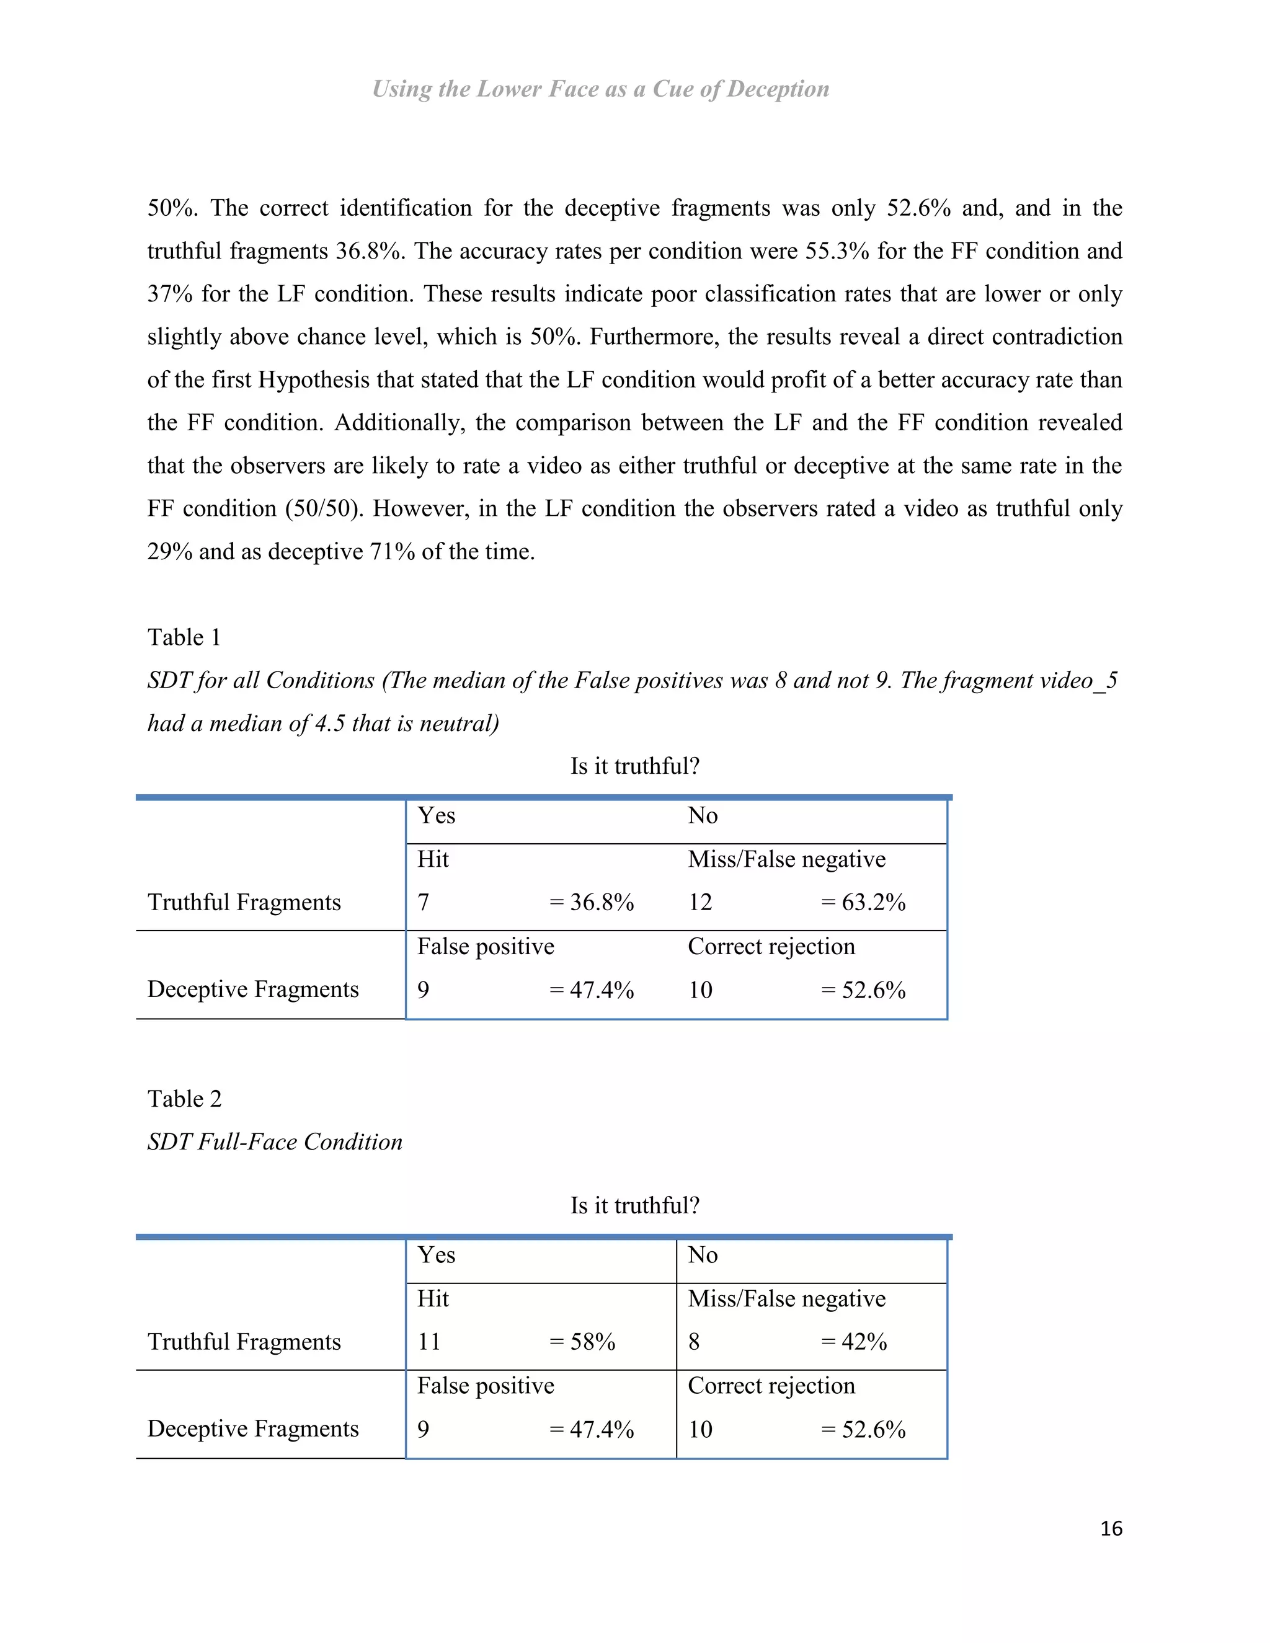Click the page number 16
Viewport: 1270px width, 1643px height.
point(1111,1528)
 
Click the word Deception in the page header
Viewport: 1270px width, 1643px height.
point(778,89)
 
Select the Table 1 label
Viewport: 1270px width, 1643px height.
point(184,637)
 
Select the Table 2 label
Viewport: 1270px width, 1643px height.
point(184,1099)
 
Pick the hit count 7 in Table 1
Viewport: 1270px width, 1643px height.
point(424,902)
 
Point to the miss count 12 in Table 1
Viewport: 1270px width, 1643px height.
point(699,902)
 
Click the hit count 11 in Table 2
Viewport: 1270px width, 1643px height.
point(429,1341)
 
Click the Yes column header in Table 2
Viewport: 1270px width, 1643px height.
point(437,1255)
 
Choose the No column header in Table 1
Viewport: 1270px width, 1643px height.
point(703,815)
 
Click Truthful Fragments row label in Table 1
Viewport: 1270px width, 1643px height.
point(244,902)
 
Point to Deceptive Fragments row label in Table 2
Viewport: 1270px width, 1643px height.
point(253,1428)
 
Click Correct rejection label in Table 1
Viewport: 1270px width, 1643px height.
point(771,946)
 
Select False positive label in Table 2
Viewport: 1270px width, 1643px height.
point(486,1386)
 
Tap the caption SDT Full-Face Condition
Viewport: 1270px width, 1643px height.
point(275,1142)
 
